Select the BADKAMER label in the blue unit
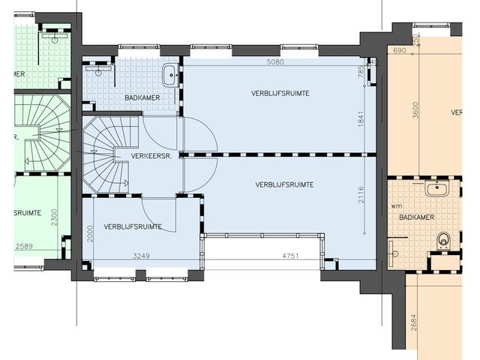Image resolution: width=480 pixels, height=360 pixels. click(x=133, y=97)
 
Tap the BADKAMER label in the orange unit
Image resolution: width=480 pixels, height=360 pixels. click(x=417, y=217)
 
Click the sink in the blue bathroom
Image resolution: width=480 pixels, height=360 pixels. click(x=171, y=73)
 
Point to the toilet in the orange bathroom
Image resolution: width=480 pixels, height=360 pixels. click(x=444, y=240)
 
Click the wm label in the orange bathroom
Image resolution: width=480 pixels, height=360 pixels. click(x=396, y=205)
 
